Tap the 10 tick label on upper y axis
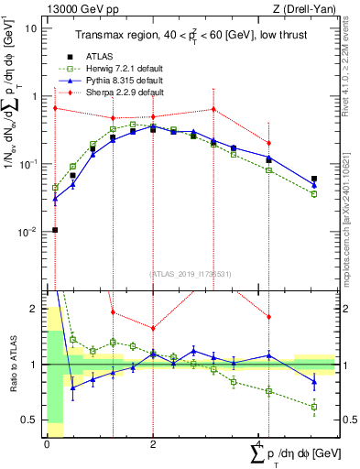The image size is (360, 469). [x=31, y=28]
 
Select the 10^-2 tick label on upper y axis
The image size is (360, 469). [x=27, y=232]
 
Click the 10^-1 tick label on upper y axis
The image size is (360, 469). [x=27, y=164]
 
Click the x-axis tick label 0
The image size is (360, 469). [x=47, y=444]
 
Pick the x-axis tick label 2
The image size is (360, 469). [x=153, y=444]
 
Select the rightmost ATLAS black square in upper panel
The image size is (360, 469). [x=314, y=180]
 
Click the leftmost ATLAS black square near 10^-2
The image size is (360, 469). [x=55, y=230]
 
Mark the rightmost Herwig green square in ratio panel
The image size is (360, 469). [x=314, y=407]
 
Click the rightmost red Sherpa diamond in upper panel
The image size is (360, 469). [x=268, y=143]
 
